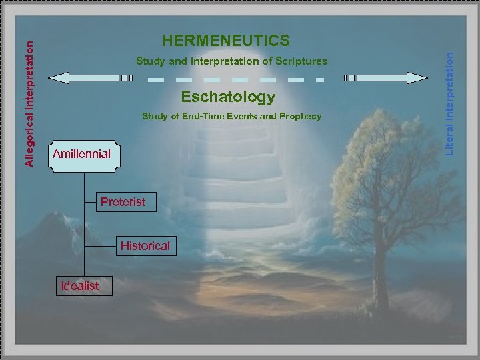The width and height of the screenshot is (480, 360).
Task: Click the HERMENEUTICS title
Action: click(227, 41)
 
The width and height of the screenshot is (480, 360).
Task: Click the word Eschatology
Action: click(228, 97)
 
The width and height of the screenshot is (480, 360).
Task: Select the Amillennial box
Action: click(81, 155)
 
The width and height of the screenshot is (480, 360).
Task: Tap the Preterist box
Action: click(123, 201)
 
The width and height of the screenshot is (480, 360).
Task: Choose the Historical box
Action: click(145, 246)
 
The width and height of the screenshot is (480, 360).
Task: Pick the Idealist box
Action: click(79, 286)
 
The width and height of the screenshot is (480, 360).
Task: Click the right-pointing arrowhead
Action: click(419, 78)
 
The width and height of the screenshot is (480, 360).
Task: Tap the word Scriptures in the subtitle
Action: click(303, 61)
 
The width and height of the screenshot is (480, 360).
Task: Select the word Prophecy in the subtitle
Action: click(300, 117)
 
